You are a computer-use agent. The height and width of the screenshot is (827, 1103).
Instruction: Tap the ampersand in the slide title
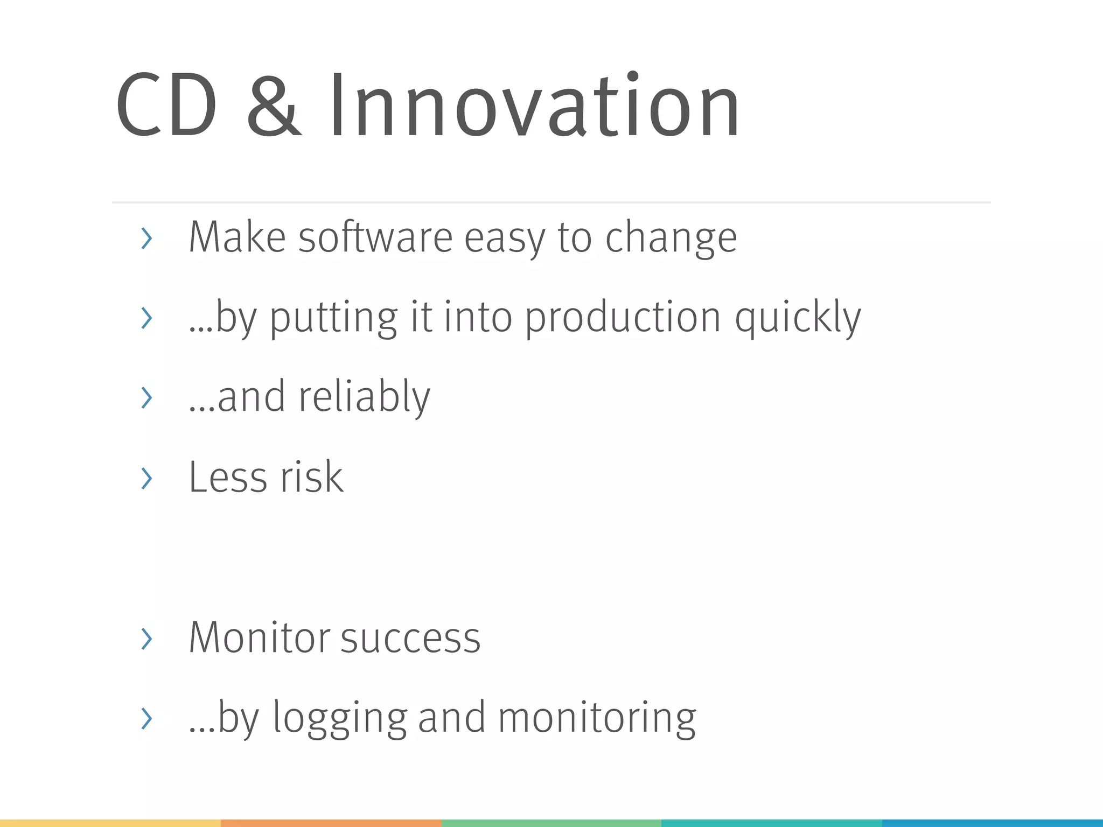pyautogui.click(x=273, y=106)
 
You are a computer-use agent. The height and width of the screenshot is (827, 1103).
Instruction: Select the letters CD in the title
pyautogui.click(x=166, y=106)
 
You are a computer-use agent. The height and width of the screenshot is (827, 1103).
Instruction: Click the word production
pyautogui.click(x=623, y=319)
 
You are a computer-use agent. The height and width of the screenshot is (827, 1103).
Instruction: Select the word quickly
pyautogui.click(x=798, y=319)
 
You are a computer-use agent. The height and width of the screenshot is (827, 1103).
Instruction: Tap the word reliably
pyautogui.click(x=364, y=397)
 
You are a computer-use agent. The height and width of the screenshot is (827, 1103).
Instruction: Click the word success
pyautogui.click(x=410, y=638)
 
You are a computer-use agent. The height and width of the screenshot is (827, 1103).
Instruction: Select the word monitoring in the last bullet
pyautogui.click(x=597, y=719)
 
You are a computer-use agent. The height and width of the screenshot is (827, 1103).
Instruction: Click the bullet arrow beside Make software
pyautogui.click(x=146, y=239)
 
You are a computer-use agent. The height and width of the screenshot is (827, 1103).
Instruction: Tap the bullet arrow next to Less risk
pyautogui.click(x=146, y=478)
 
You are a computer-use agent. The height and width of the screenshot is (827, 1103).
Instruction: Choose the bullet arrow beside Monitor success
pyautogui.click(x=146, y=639)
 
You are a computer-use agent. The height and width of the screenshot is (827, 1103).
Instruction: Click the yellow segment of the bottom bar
pyautogui.click(x=110, y=823)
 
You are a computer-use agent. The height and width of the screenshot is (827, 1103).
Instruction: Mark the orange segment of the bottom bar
pyautogui.click(x=331, y=823)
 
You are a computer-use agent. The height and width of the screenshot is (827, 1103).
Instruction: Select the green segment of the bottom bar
pyautogui.click(x=551, y=823)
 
